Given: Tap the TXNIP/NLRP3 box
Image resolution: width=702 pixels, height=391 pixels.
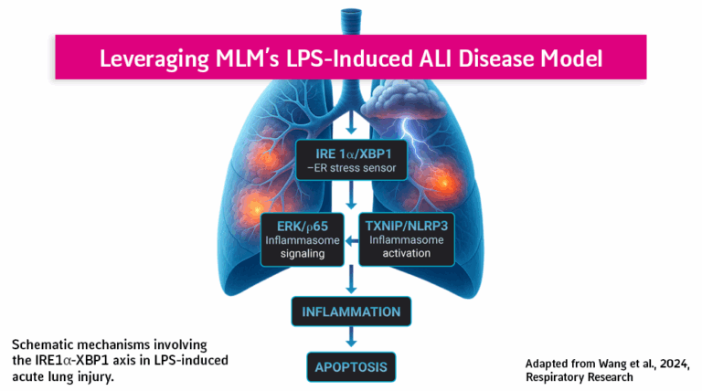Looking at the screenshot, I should pos(404,238).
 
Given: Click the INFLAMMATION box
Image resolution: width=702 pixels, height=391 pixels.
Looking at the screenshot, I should pos(351,312).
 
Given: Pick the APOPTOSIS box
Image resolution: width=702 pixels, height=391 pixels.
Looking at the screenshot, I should pos(351,368).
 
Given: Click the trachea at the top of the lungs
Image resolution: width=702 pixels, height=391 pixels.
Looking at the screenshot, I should pos(351,18).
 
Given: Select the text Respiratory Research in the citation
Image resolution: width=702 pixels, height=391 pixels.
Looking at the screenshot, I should pos(580,375).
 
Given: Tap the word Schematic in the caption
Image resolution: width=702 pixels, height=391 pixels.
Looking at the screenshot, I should pos(45,343).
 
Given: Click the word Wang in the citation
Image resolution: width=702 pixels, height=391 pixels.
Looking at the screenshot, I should pos(611,360).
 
